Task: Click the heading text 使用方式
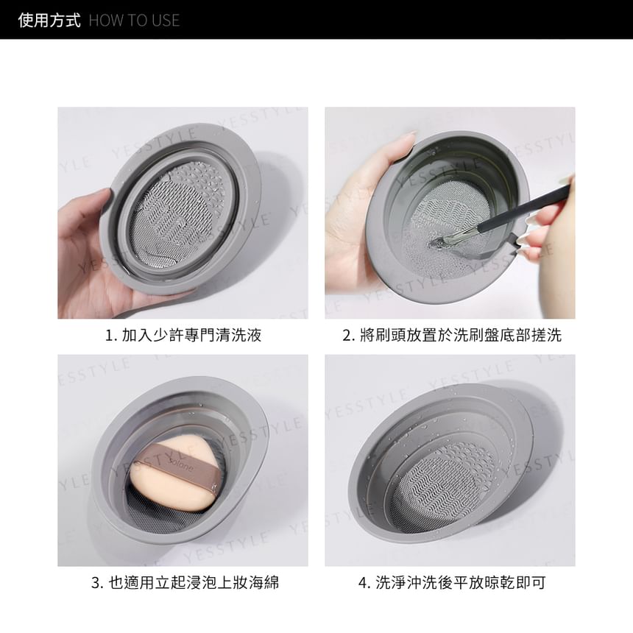click(49, 20)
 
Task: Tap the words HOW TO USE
click(134, 20)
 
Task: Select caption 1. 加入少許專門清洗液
click(183, 335)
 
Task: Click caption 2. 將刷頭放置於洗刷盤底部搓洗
click(452, 335)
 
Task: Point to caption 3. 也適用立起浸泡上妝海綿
click(185, 582)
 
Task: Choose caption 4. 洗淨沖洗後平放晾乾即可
click(452, 582)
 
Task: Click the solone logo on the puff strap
click(182, 465)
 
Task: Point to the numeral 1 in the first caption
click(108, 336)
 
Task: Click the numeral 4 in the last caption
click(363, 583)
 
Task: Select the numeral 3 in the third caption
click(95, 583)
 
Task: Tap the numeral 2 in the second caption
click(347, 336)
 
